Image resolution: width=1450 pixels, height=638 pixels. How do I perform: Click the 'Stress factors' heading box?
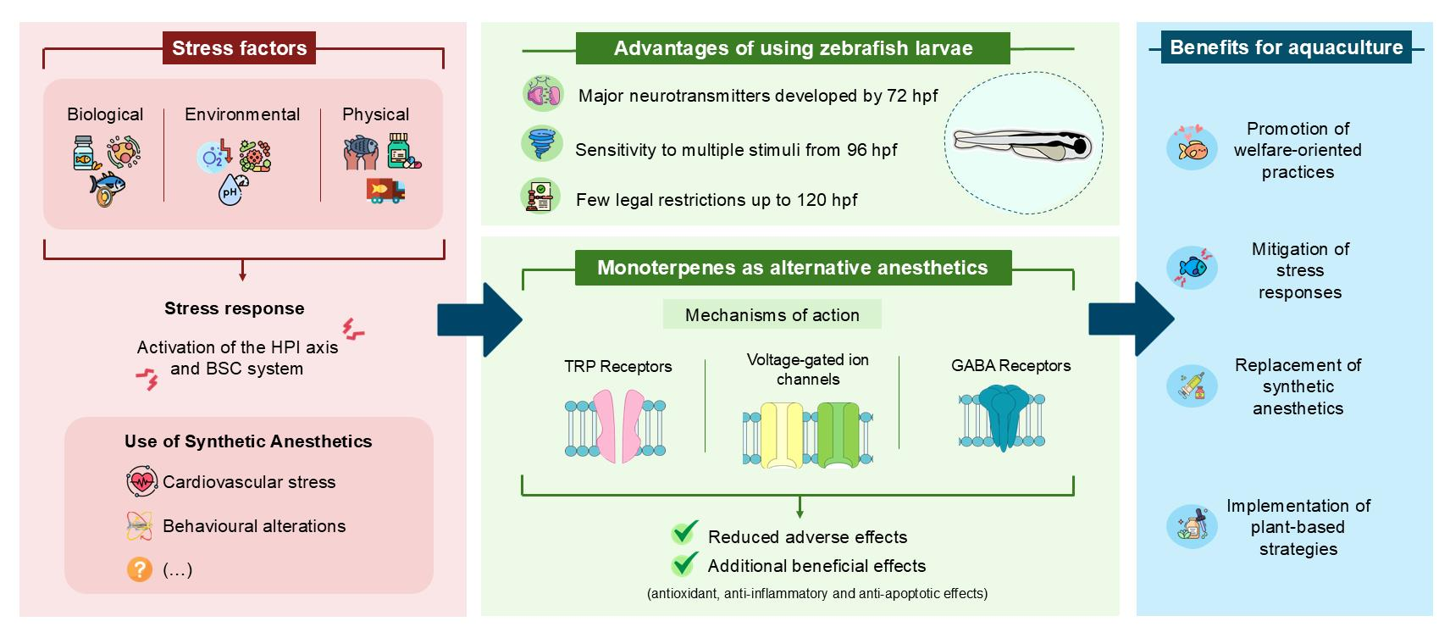click(239, 48)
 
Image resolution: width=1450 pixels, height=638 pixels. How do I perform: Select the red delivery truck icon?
click(385, 191)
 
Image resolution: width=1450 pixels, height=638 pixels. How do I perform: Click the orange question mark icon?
click(140, 569)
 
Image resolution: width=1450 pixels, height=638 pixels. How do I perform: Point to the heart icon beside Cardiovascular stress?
click(141, 481)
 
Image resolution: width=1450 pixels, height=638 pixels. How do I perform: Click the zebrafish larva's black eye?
click(1080, 147)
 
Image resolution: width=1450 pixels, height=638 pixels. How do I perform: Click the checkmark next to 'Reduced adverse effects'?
click(685, 533)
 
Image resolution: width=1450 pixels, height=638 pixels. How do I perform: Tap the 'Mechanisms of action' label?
click(772, 315)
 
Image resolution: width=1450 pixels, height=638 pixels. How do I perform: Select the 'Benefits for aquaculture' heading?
click(1287, 47)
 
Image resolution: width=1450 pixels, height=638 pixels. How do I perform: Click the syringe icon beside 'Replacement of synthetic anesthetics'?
click(1193, 386)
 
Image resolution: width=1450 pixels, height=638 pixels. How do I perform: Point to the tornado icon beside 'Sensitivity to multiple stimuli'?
click(542, 144)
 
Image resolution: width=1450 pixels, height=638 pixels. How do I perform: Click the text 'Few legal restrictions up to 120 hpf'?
click(717, 199)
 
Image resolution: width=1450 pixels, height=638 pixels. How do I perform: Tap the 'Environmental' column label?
click(242, 114)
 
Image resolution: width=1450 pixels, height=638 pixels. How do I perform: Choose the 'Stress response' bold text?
click(235, 308)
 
